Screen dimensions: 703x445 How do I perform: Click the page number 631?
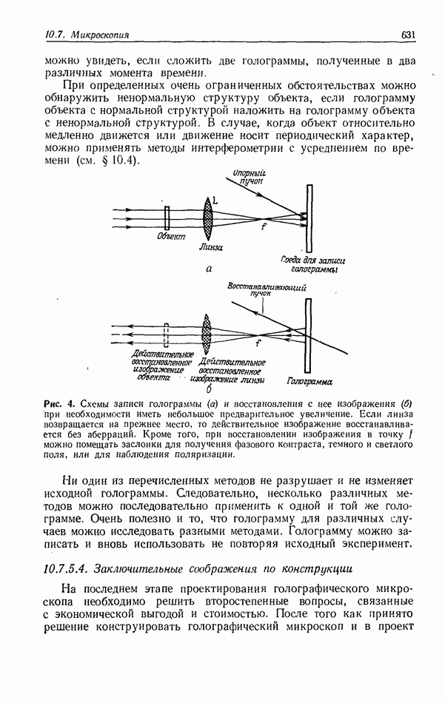(x=410, y=34)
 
